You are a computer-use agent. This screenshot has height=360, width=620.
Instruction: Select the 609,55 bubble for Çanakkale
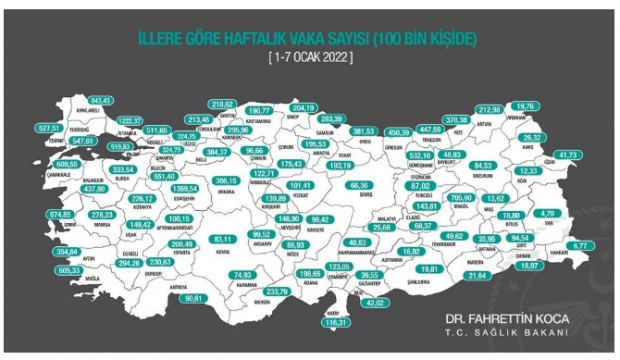coord(40,163)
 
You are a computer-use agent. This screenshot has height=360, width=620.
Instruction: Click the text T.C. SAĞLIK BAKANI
coord(497,337)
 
